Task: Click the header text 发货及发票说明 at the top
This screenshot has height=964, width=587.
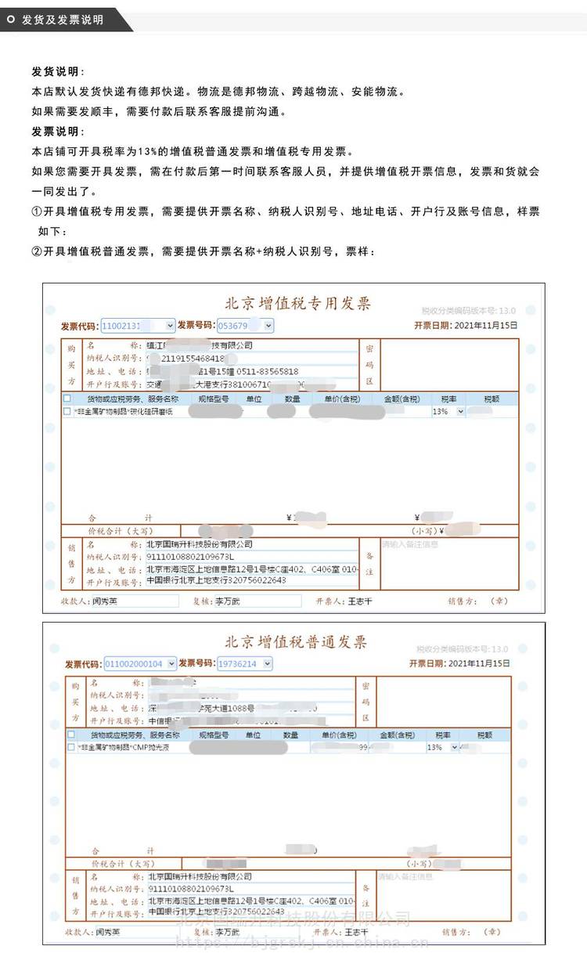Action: click(63, 20)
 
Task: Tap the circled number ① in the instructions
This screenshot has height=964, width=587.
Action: click(36, 212)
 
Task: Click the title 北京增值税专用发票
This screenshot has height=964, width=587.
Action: click(297, 304)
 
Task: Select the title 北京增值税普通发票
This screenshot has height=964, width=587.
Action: click(296, 643)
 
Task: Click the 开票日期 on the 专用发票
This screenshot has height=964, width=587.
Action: click(465, 325)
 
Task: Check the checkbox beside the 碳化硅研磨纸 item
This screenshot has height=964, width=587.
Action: click(68, 411)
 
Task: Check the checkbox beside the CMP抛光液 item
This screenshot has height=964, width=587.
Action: click(72, 748)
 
